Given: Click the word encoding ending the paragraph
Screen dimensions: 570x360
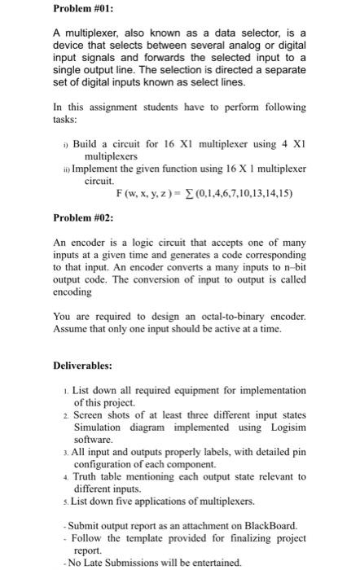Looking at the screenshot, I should (72, 292).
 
